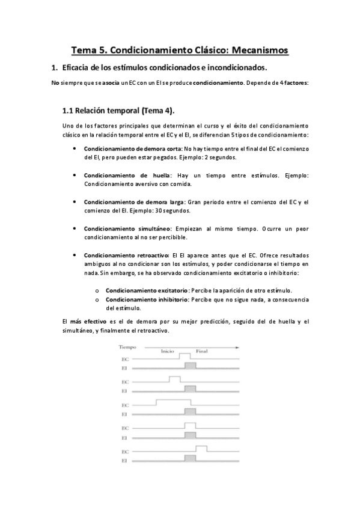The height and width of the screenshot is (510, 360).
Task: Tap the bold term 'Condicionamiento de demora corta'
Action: [123, 148]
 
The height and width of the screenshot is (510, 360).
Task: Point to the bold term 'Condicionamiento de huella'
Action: [118, 174]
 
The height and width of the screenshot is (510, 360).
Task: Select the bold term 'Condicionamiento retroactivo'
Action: [127, 255]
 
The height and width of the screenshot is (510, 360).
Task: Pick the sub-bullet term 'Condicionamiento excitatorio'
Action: [147, 290]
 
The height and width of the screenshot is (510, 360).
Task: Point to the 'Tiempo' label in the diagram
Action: [128, 347]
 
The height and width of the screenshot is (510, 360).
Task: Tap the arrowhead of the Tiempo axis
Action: [239, 347]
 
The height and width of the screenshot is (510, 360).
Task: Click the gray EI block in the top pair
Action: [191, 366]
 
